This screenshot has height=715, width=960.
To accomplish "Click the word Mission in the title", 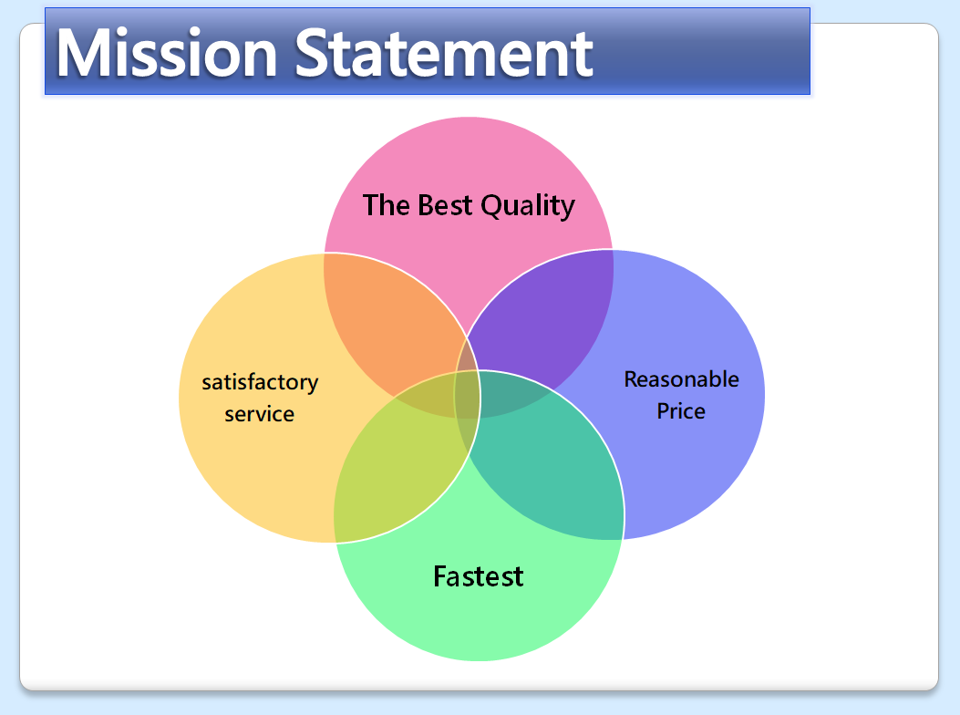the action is click(167, 53).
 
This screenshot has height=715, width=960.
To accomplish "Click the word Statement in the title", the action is click(445, 53).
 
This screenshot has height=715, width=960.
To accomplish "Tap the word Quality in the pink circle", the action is click(528, 206).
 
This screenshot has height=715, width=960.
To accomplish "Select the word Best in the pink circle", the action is click(445, 205).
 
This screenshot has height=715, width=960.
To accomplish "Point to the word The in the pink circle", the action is click(386, 205).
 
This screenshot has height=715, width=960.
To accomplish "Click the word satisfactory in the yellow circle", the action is click(260, 383).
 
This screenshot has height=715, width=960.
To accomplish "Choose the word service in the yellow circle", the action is click(260, 414).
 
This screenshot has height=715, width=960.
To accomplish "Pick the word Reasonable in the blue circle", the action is click(681, 379).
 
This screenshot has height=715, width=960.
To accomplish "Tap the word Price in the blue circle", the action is click(681, 411).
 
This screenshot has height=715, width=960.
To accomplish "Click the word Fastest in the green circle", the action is click(478, 576).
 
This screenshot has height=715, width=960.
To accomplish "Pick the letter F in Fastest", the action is click(440, 575).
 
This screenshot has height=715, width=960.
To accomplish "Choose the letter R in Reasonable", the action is click(632, 379).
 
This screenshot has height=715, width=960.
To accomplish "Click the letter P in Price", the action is click(664, 410).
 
